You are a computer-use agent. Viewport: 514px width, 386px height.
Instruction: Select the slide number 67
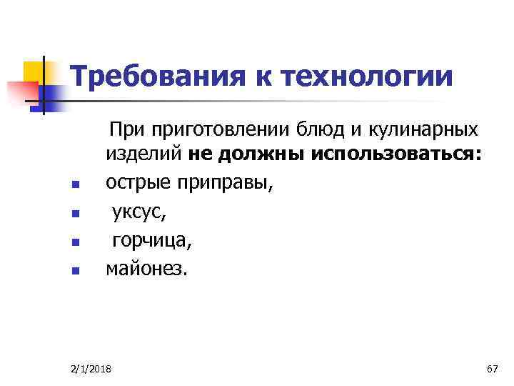[x=491, y=368]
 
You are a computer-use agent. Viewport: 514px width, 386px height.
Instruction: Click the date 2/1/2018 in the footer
[x=95, y=368]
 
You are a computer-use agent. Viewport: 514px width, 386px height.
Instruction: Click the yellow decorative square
[x=35, y=71]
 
